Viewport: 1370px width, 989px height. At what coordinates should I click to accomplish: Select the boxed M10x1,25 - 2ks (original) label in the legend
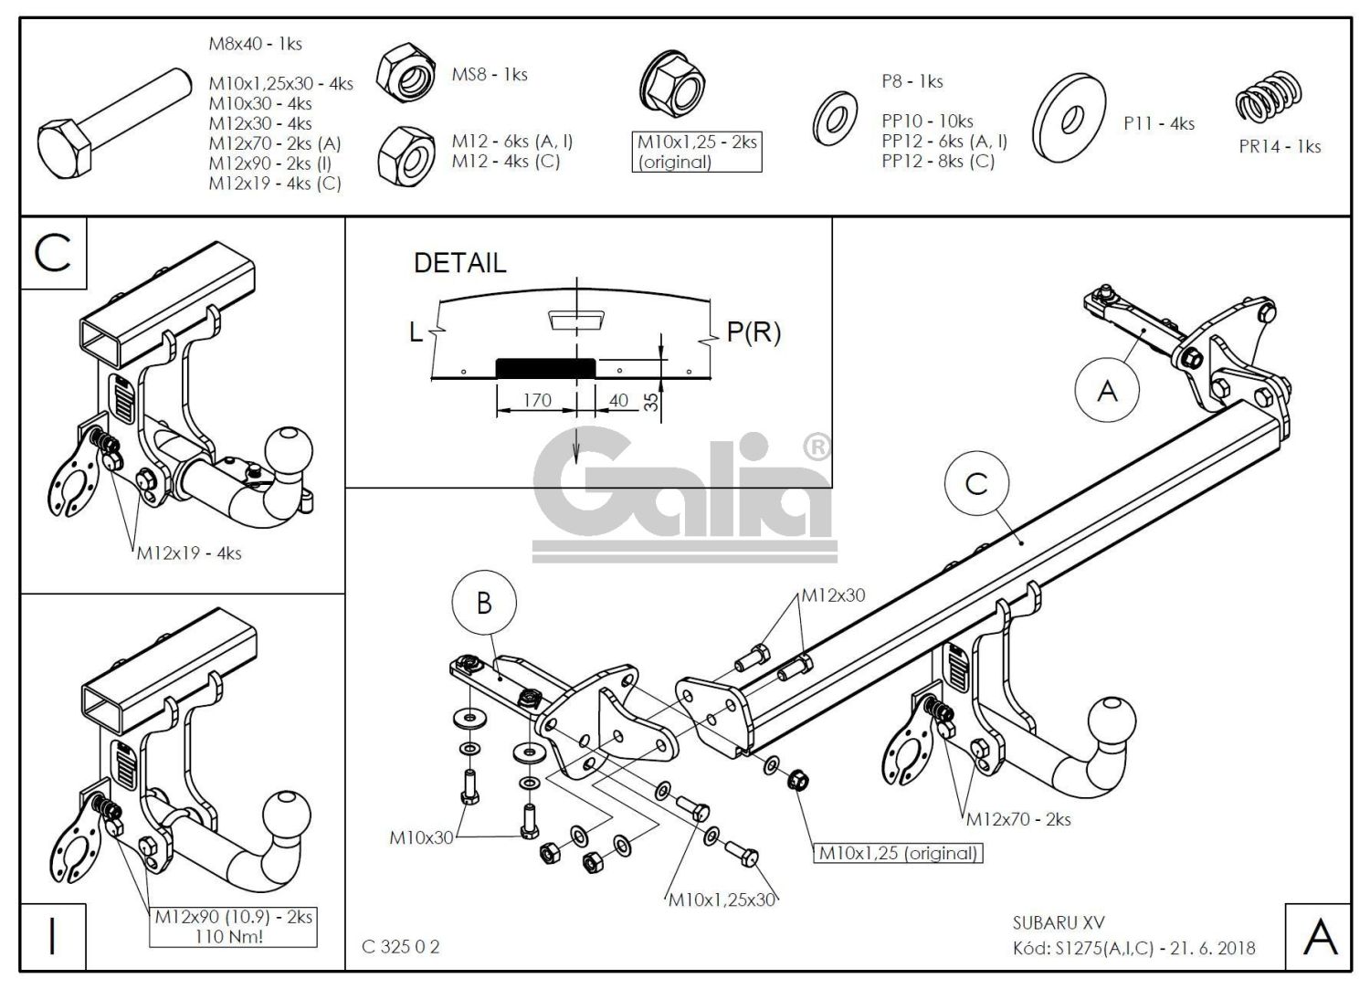click(x=697, y=153)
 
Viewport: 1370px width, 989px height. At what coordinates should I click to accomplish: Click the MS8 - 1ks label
click(x=490, y=75)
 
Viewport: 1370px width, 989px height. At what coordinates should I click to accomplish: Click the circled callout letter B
click(x=484, y=603)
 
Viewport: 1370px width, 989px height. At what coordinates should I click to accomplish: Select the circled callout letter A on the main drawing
click(x=1107, y=391)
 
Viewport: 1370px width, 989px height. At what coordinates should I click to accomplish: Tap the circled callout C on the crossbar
click(x=976, y=484)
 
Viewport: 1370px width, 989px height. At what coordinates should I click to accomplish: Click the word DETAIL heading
click(x=459, y=263)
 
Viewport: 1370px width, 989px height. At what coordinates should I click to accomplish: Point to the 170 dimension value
click(x=537, y=400)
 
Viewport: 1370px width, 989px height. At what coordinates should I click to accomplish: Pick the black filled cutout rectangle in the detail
click(x=545, y=367)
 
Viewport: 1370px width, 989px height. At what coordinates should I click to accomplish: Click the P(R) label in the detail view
click(x=753, y=332)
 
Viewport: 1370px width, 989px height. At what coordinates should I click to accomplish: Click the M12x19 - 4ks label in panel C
click(x=189, y=553)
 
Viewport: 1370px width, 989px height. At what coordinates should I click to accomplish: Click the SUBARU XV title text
click(x=1059, y=923)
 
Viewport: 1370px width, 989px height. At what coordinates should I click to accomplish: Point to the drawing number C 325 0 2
click(x=401, y=947)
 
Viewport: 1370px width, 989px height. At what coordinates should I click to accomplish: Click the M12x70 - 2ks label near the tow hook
click(x=1018, y=819)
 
